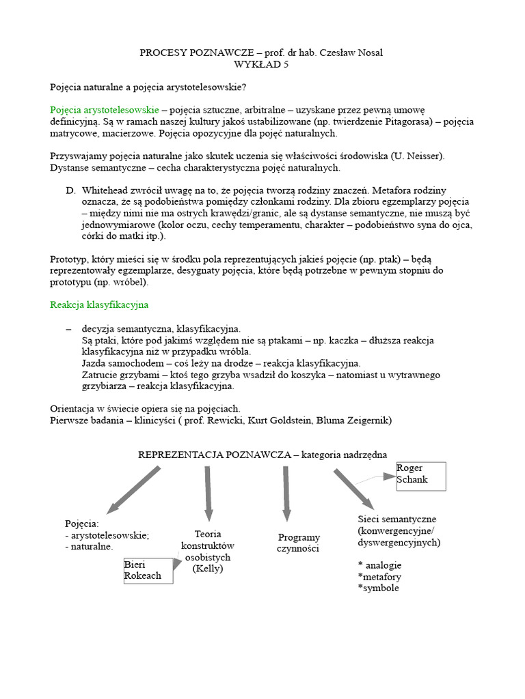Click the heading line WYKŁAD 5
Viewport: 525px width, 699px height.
tap(262, 64)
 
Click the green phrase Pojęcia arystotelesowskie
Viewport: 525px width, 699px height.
tap(104, 109)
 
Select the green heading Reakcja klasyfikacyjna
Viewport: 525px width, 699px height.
tap(99, 304)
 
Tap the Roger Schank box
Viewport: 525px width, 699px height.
tap(420, 476)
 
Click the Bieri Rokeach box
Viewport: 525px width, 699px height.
tap(148, 570)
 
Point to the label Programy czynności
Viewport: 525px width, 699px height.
tap(299, 543)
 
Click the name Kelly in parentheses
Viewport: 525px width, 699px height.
tap(208, 569)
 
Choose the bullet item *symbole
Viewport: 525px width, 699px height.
tap(378, 588)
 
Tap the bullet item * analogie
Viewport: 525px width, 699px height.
tap(379, 565)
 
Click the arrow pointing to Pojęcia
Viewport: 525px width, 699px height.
tap(133, 489)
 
